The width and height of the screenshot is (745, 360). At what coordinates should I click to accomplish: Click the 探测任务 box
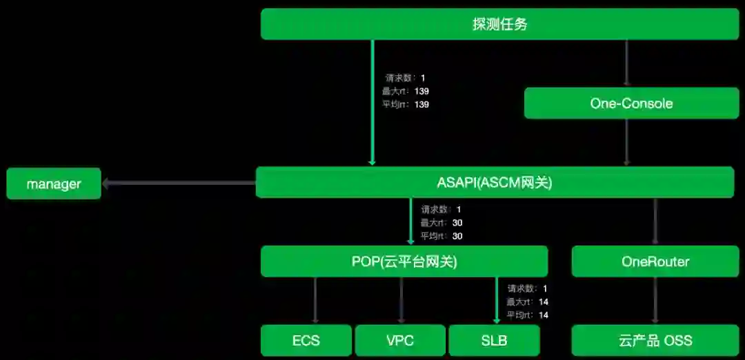(x=499, y=25)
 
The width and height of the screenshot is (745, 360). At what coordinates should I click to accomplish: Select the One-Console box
(x=631, y=103)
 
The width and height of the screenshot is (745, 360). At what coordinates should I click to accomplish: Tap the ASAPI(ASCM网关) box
(x=494, y=183)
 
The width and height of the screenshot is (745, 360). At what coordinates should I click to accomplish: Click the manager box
(x=54, y=184)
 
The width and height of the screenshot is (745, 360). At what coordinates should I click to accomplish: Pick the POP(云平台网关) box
(x=404, y=262)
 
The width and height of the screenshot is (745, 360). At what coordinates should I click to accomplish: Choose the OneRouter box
(x=655, y=262)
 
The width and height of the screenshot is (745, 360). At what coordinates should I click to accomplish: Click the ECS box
(x=306, y=341)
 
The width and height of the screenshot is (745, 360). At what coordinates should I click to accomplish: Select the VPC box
(x=400, y=341)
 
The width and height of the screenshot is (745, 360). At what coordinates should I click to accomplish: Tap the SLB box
(x=493, y=341)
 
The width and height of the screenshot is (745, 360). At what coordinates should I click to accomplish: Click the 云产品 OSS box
(x=655, y=341)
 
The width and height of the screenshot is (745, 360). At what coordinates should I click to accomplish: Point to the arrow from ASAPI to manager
(x=179, y=183)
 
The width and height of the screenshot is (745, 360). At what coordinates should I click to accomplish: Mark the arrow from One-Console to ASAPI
(x=626, y=142)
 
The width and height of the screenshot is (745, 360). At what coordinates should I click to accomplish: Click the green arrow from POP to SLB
(x=497, y=301)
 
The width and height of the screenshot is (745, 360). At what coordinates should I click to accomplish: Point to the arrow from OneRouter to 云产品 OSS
(x=655, y=301)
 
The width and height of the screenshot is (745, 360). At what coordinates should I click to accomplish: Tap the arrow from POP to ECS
(x=315, y=301)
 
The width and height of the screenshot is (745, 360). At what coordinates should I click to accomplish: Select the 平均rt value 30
(x=457, y=236)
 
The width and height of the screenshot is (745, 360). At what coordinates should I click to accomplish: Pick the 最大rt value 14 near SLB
(x=544, y=301)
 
